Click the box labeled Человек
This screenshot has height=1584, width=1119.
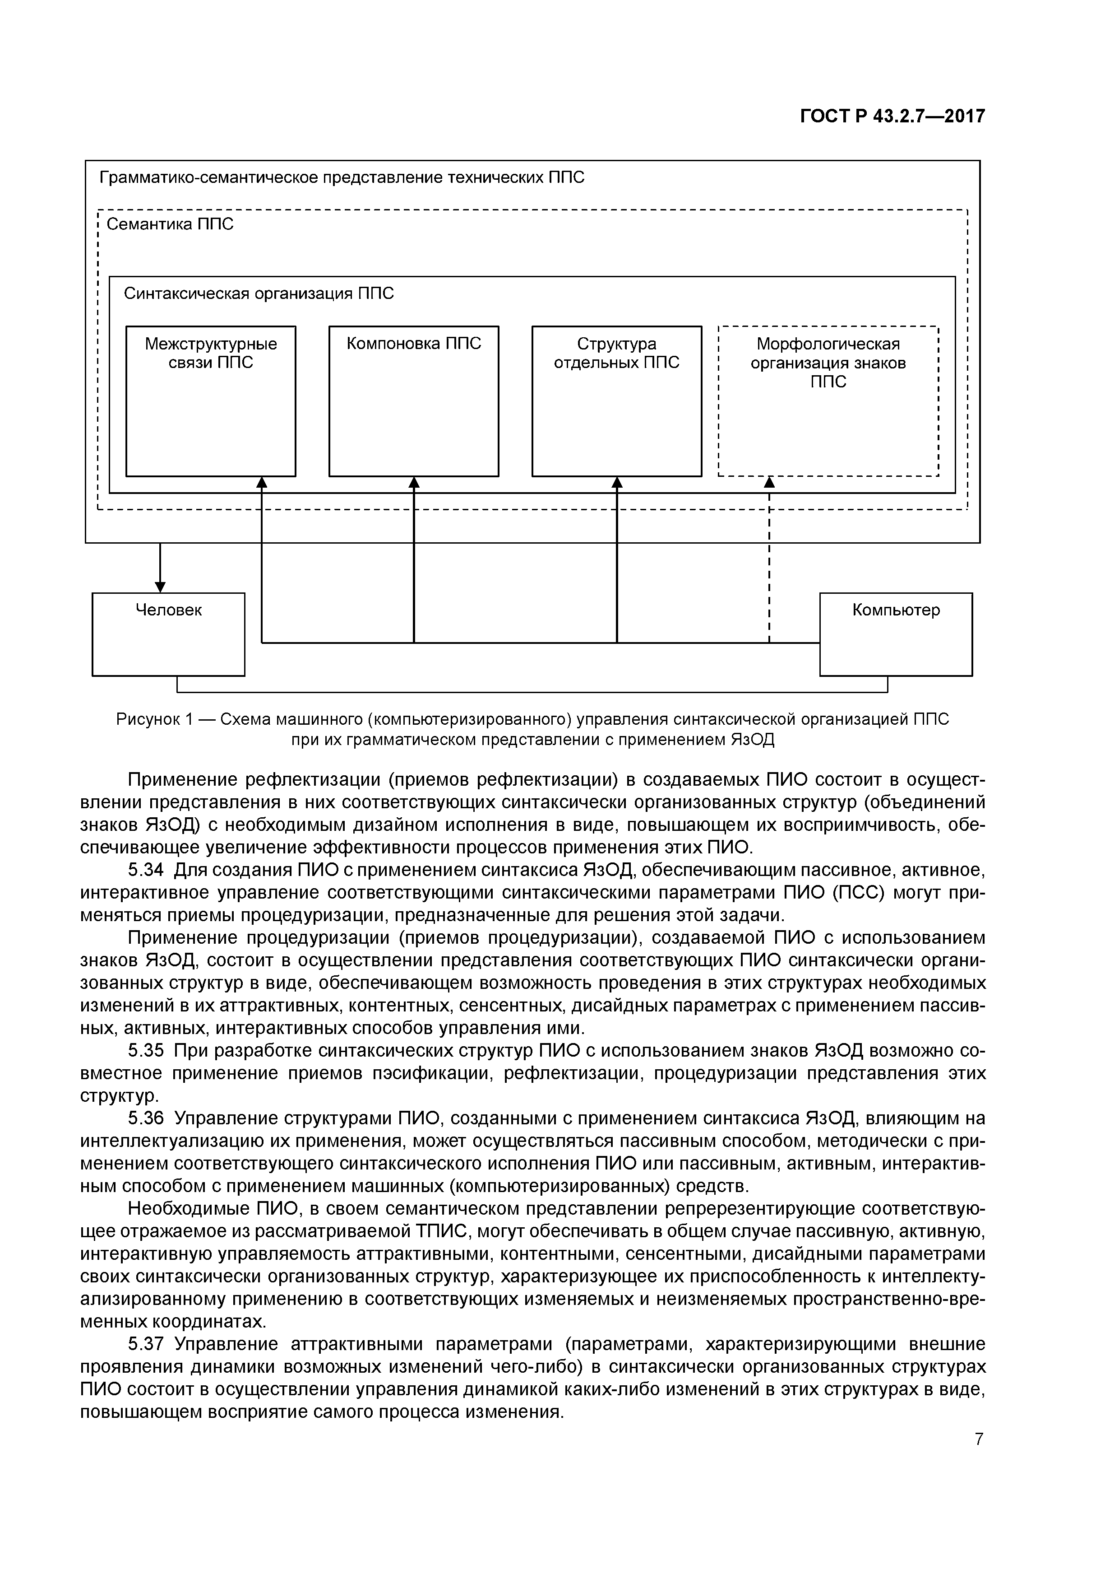(168, 634)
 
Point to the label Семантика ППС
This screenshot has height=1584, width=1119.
(170, 224)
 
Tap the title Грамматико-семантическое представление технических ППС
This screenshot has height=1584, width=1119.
(342, 178)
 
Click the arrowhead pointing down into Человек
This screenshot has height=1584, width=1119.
(160, 587)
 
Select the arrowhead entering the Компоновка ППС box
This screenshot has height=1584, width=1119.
(414, 482)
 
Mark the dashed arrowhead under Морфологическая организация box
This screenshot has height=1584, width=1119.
(769, 482)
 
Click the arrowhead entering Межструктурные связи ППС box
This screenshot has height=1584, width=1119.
(262, 482)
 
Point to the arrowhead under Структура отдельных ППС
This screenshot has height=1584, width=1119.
(617, 482)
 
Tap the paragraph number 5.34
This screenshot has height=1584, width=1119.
(146, 871)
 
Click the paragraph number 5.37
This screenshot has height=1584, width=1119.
(146, 1344)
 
